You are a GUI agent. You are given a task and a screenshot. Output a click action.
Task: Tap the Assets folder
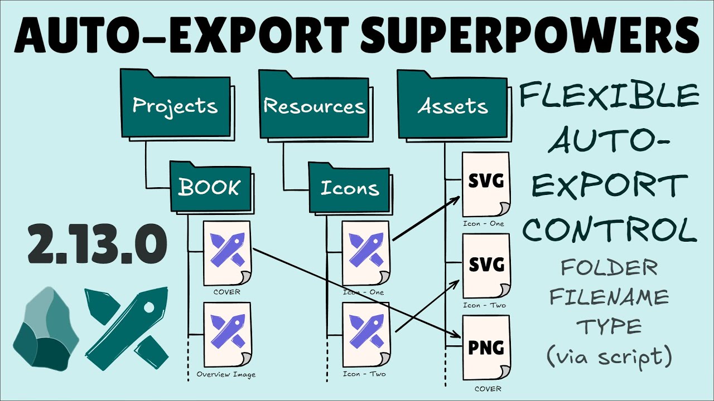[x=452, y=106]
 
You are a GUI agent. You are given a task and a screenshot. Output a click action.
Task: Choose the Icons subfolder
[x=349, y=188]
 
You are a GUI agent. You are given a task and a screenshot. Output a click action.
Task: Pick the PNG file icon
[x=486, y=349]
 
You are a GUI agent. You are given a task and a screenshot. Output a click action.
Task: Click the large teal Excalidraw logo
[x=127, y=329]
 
